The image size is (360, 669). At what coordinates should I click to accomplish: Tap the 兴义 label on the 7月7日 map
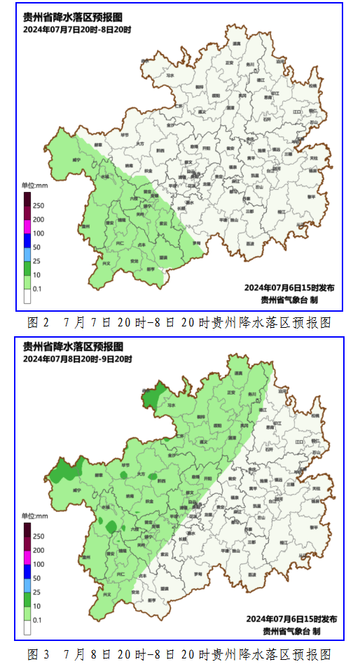click(106, 264)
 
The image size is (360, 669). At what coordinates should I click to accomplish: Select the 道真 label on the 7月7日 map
click(237, 43)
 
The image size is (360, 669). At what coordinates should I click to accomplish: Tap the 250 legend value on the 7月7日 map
click(39, 205)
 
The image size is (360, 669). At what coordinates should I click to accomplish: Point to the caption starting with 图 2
click(179, 322)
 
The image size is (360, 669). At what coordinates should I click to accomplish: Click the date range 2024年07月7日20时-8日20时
click(77, 29)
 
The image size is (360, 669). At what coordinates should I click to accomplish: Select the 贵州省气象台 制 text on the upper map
click(289, 299)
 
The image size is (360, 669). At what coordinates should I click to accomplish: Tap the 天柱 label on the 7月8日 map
click(316, 488)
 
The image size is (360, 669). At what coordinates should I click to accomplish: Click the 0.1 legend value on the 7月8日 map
click(37, 620)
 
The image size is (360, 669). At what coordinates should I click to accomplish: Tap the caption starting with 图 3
click(179, 654)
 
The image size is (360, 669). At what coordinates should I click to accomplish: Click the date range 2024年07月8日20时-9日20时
click(77, 359)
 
